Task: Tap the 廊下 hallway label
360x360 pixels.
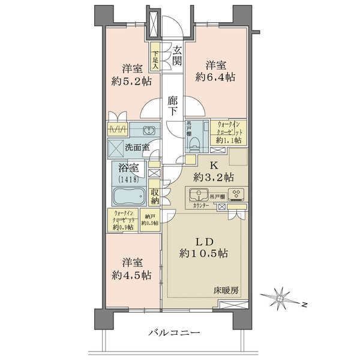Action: (173, 106)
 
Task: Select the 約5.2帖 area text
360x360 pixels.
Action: (130, 82)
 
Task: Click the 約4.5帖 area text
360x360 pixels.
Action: (131, 275)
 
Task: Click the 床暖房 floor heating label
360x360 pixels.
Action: (227, 290)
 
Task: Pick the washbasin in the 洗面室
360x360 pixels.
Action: (149, 131)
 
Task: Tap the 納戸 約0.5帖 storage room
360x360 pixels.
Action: (149, 219)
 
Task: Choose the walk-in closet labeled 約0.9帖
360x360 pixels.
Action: (123, 219)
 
